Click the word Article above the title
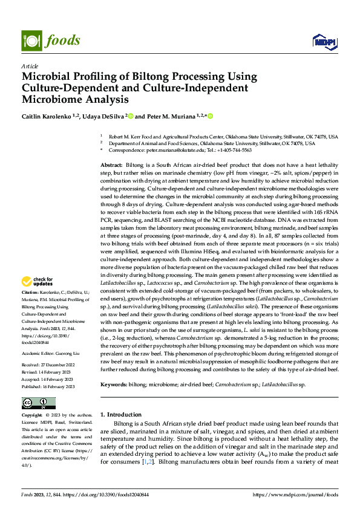(30, 66)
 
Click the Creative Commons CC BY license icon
(38, 403)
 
